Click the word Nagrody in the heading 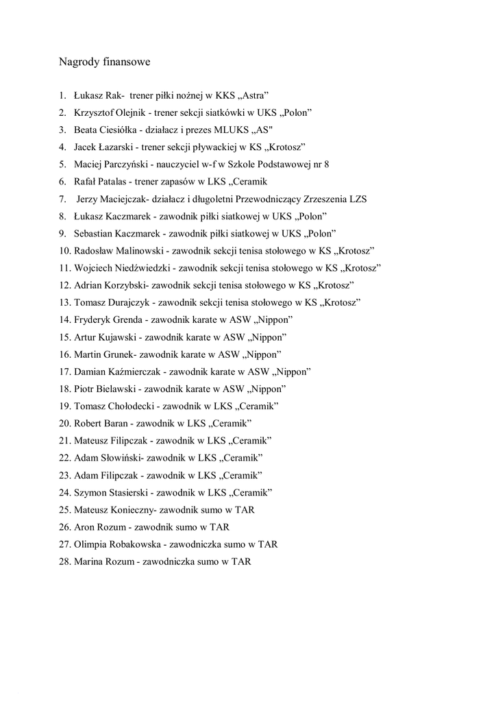pos(79,62)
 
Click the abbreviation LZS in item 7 pos(357,199)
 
